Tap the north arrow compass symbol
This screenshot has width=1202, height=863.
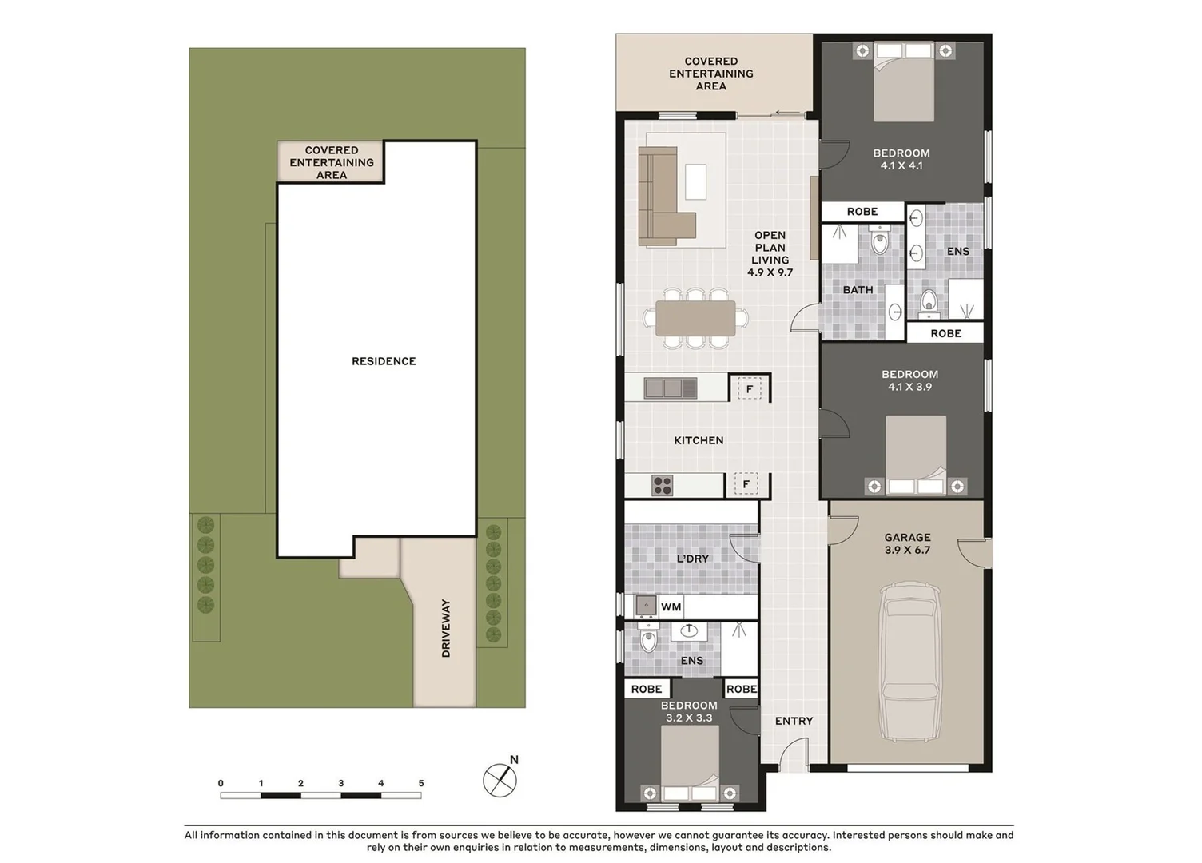[x=500, y=780]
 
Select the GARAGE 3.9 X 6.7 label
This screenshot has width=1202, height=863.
[x=907, y=543]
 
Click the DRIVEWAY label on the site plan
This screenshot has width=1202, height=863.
[x=446, y=628]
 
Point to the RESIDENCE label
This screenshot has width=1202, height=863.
[x=384, y=361]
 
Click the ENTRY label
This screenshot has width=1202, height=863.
[x=794, y=721]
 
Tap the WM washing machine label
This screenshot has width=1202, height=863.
[x=671, y=606]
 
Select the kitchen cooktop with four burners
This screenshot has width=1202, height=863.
[x=662, y=485]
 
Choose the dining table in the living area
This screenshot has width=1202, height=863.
[x=695, y=318]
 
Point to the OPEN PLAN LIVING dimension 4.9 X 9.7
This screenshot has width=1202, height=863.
[x=770, y=272]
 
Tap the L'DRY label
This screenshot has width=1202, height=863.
[x=692, y=559]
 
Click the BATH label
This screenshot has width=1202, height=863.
[x=858, y=290]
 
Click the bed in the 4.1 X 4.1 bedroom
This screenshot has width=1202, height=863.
[x=903, y=84]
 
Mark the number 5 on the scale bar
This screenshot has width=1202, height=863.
[x=421, y=783]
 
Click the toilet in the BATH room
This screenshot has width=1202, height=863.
[x=879, y=241]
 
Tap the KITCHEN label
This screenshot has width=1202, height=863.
[x=699, y=440]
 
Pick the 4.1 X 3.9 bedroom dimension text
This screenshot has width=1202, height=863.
[x=909, y=387]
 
